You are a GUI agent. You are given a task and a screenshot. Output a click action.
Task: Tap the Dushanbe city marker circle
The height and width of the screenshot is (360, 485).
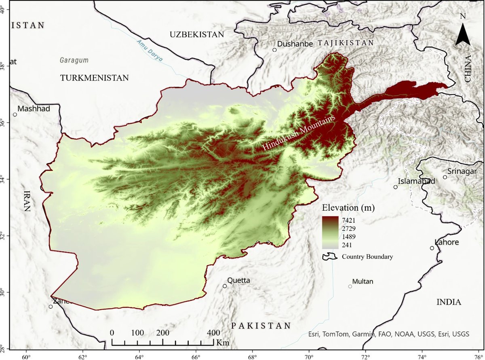pyautogui.click(x=274, y=50)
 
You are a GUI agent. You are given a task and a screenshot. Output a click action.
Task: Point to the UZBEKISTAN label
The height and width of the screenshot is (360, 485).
pyautogui.click(x=196, y=35)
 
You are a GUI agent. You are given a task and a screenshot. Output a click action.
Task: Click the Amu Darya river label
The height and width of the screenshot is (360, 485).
pyautogui.click(x=150, y=51)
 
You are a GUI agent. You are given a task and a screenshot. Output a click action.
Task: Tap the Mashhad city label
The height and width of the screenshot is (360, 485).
pyautogui.click(x=34, y=109)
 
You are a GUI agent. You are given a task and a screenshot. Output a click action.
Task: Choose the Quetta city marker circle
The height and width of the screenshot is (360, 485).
pyautogui.click(x=225, y=286)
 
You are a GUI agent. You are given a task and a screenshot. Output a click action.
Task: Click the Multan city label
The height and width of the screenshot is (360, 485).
pyautogui.click(x=363, y=282)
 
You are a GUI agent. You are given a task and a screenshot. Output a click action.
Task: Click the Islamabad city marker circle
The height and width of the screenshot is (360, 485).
pyautogui.click(x=395, y=187)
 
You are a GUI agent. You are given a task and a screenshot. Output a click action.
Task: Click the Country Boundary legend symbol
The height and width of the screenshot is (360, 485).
pyautogui.click(x=329, y=256)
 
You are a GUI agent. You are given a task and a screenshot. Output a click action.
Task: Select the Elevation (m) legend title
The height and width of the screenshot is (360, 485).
pyautogui.click(x=348, y=208)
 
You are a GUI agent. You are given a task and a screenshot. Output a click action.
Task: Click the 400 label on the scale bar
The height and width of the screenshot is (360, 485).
pyautogui.click(x=213, y=332)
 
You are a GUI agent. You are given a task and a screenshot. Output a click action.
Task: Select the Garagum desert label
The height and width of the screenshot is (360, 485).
pyautogui.click(x=74, y=60)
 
